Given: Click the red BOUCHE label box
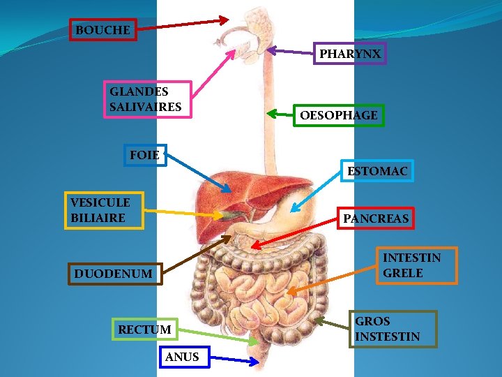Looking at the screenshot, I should point(102,30).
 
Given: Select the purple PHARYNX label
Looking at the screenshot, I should point(350,53).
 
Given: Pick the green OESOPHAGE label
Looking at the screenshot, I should point(338,115).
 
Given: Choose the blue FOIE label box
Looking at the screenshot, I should point(144,155).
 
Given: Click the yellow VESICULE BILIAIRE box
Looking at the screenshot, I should point(104,210).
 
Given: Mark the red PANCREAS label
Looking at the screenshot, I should point(376,219).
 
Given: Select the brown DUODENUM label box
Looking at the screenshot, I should point(116,274).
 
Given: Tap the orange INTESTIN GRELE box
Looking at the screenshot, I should point(416,265).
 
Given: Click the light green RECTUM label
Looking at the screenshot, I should point(145,329).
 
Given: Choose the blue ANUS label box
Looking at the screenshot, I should point(182,357).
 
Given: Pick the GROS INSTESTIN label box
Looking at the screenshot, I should point(393,329).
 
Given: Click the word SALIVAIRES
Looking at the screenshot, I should point(145,107).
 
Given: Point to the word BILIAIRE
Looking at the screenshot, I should point(98,218).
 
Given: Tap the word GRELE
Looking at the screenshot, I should point(403,273).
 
